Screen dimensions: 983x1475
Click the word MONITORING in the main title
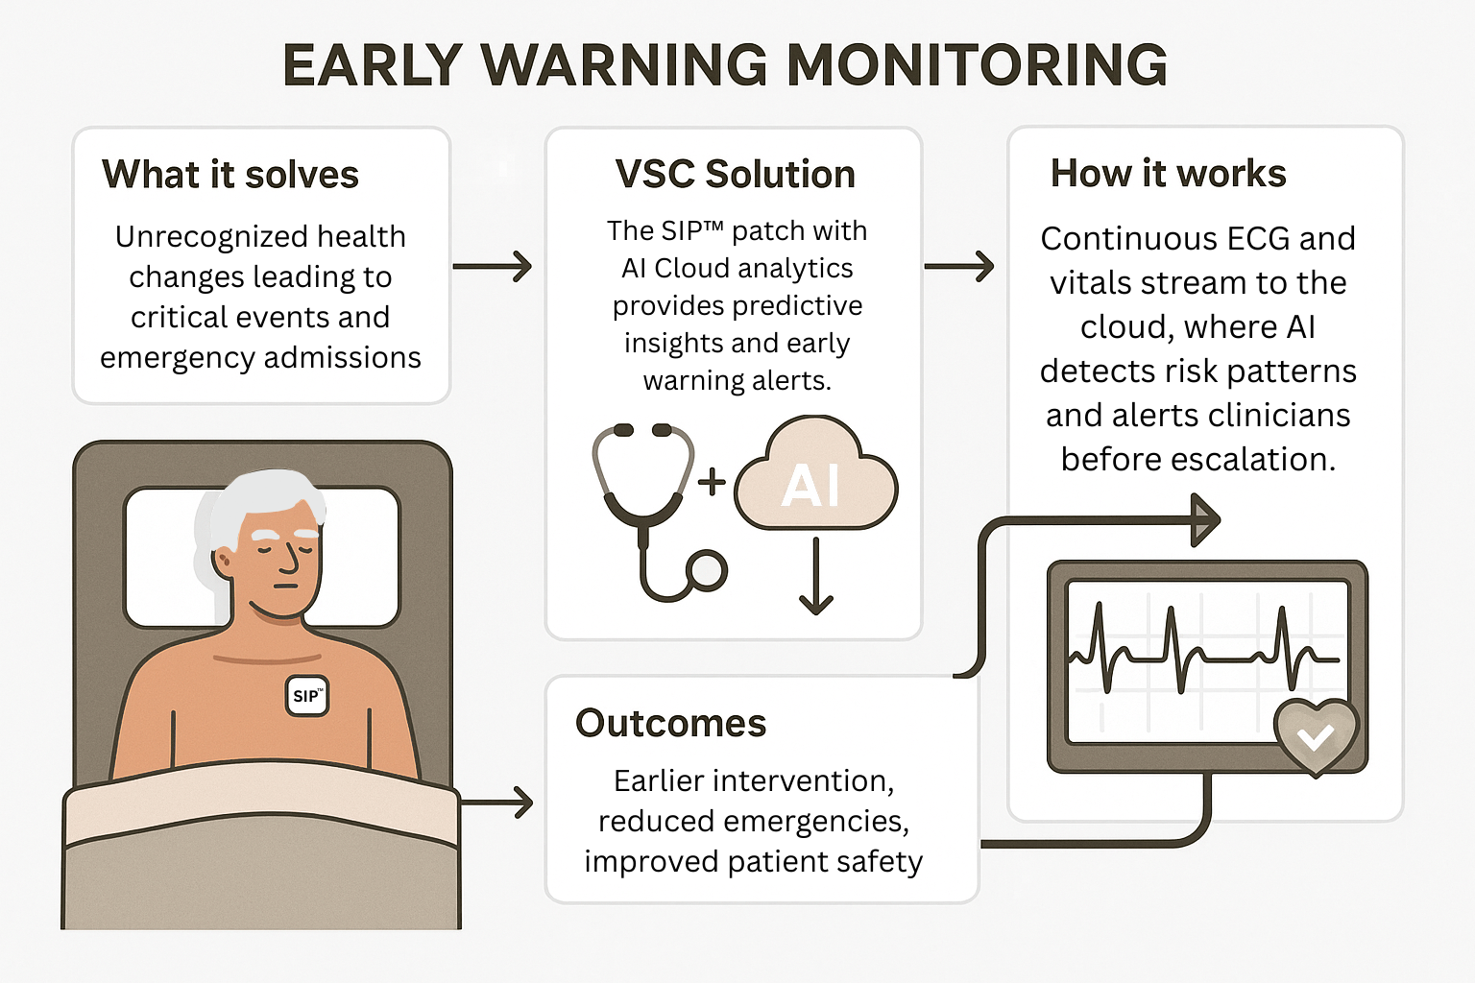[x=977, y=65]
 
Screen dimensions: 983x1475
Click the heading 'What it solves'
[x=230, y=175]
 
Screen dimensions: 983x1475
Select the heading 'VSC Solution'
[x=735, y=175]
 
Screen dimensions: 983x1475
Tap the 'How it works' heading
[x=1168, y=174]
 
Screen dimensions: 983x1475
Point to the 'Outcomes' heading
[x=670, y=724]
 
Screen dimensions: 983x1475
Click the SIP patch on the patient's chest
[x=307, y=696]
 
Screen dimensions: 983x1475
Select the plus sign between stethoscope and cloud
[x=712, y=481]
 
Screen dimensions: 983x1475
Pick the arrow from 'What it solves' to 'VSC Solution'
[x=493, y=266]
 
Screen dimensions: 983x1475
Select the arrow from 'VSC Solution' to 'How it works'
[x=959, y=266]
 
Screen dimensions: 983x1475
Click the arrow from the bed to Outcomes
[x=497, y=802]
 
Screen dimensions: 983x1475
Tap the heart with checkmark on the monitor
[x=1316, y=735]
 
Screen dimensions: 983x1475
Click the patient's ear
[x=223, y=562]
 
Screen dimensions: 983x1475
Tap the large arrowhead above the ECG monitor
[x=1204, y=520]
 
